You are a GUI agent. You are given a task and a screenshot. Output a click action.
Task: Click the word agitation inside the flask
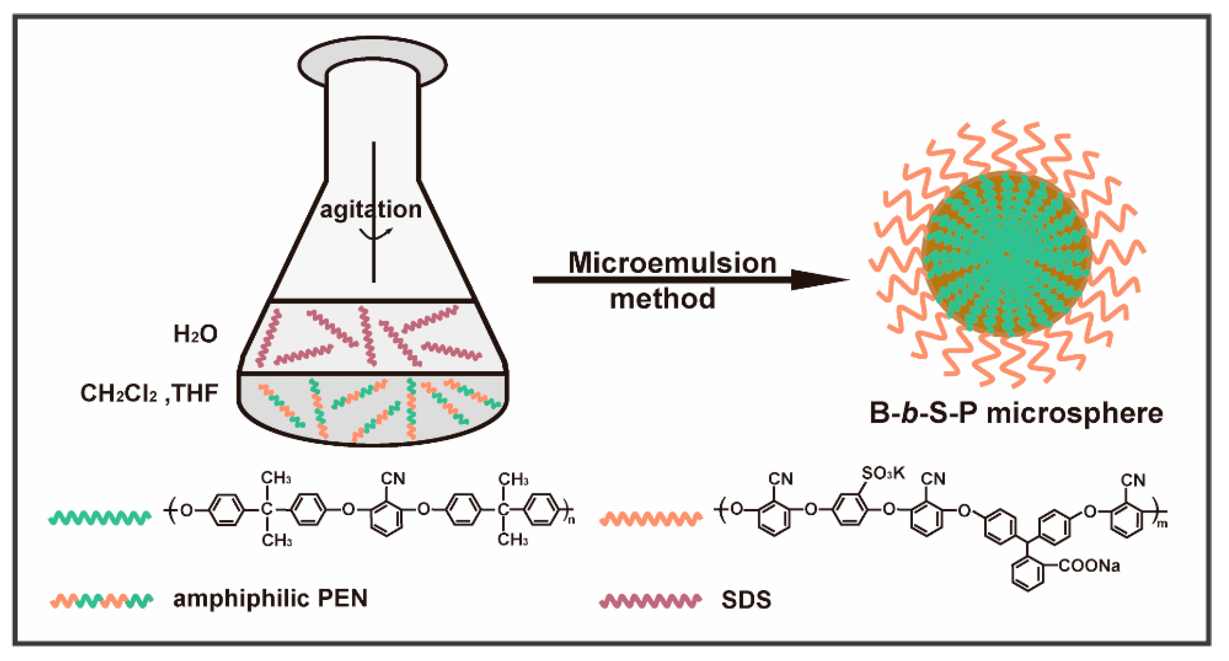coord(371,210)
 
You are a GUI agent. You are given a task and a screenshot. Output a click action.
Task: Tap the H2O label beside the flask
coord(195,334)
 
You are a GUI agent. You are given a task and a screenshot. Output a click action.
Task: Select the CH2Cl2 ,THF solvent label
coord(149,394)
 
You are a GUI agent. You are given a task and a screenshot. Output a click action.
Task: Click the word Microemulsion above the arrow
coord(672,263)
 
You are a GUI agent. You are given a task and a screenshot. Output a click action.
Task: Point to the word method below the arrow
coord(663,299)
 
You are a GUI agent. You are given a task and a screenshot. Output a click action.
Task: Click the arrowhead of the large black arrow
coord(818,280)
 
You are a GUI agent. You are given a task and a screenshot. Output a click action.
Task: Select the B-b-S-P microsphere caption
coord(1016,413)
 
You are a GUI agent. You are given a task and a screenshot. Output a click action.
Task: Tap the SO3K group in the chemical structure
coord(883,473)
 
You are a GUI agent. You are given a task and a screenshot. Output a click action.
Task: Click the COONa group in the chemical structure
coord(1089,566)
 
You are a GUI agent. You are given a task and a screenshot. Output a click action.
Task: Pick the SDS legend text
coord(746,600)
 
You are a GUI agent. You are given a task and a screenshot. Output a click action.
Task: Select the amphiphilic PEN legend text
coord(270,599)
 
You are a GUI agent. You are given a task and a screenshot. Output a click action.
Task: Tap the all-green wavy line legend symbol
coord(100,518)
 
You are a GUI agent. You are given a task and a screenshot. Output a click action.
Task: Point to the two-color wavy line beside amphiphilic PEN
coord(102,601)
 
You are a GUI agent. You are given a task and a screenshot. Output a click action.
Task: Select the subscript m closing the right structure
coord(1163,524)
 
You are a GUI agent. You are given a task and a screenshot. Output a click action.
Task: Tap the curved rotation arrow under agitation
coord(375,233)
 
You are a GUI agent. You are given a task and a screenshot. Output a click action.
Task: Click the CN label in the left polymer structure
coord(393,479)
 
